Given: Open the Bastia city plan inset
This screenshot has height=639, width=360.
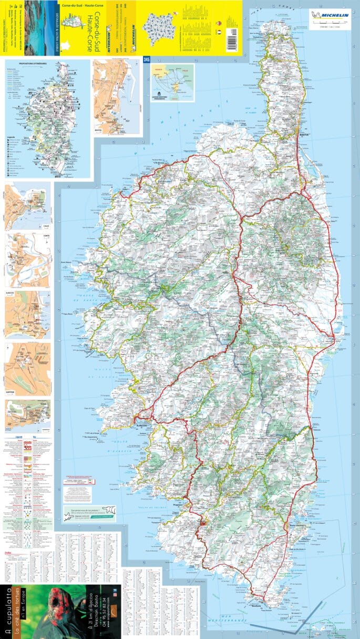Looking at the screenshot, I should [x=116, y=97].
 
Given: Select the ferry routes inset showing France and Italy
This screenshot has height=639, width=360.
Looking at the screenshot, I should [x=172, y=83].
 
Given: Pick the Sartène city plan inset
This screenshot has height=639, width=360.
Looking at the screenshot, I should [x=27, y=368].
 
